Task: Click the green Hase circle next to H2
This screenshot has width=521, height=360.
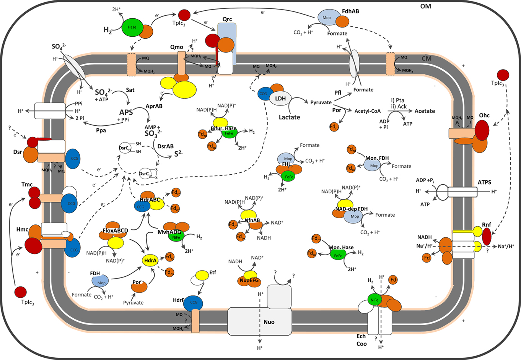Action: coord(132,27)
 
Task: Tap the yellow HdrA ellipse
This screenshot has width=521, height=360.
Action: coord(150,261)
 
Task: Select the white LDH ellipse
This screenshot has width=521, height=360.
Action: coord(280,99)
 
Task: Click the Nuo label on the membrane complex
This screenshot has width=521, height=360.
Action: coord(269,322)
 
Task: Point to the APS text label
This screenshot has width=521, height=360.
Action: coord(126,112)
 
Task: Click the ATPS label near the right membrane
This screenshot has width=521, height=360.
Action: coord(484,182)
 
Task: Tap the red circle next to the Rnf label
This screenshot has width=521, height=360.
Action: coord(487,237)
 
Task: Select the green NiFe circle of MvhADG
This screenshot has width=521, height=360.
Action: coord(176,237)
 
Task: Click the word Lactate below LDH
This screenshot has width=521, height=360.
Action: coord(289,117)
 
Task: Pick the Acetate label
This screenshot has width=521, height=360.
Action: coord(425,111)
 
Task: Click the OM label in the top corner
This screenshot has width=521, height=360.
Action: coord(425,6)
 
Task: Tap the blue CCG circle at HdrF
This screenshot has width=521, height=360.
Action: coord(194,303)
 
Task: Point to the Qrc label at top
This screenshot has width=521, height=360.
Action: coord(227,19)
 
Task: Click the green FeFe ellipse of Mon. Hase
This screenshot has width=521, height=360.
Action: coord(338,255)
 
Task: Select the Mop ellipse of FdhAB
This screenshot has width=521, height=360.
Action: coord(327,18)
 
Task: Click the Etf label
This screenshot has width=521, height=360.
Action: coord(213,272)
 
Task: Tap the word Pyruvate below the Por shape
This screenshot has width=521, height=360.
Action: coord(133,303)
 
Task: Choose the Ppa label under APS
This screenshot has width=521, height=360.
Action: coord(101,130)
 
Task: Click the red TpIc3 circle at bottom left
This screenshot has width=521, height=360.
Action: coord(21,292)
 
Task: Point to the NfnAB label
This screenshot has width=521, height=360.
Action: coord(252,221)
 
